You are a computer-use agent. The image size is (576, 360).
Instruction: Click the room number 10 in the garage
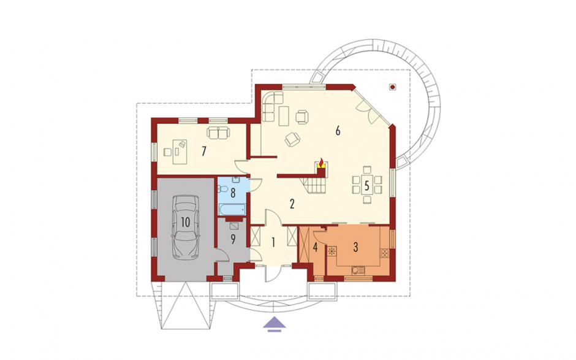(x=185, y=222)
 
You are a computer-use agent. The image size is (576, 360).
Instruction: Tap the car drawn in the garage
(x=185, y=226)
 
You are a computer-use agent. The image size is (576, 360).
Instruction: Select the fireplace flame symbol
(x=322, y=162)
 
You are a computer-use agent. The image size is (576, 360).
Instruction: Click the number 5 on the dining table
(x=366, y=186)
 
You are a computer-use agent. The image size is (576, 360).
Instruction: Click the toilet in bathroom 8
(x=222, y=190)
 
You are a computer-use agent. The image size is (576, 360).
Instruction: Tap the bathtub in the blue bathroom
(x=232, y=210)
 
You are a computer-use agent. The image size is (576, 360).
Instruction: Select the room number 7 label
(x=203, y=151)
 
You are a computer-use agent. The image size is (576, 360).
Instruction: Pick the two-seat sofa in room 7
(x=219, y=132)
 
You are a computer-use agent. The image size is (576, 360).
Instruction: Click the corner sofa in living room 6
(x=272, y=106)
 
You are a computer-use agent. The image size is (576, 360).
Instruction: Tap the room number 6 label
(x=338, y=131)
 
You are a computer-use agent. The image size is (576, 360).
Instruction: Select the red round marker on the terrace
(x=393, y=87)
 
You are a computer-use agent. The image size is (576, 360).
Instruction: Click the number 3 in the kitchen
(x=355, y=247)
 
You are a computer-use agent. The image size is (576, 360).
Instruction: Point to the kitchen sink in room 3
(x=357, y=270)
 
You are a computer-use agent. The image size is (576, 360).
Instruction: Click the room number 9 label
(x=233, y=239)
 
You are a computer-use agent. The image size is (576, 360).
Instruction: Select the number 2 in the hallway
(x=292, y=204)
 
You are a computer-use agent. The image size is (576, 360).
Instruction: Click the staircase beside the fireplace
(x=313, y=186)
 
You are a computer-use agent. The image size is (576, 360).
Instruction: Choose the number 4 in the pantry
(x=315, y=247)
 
